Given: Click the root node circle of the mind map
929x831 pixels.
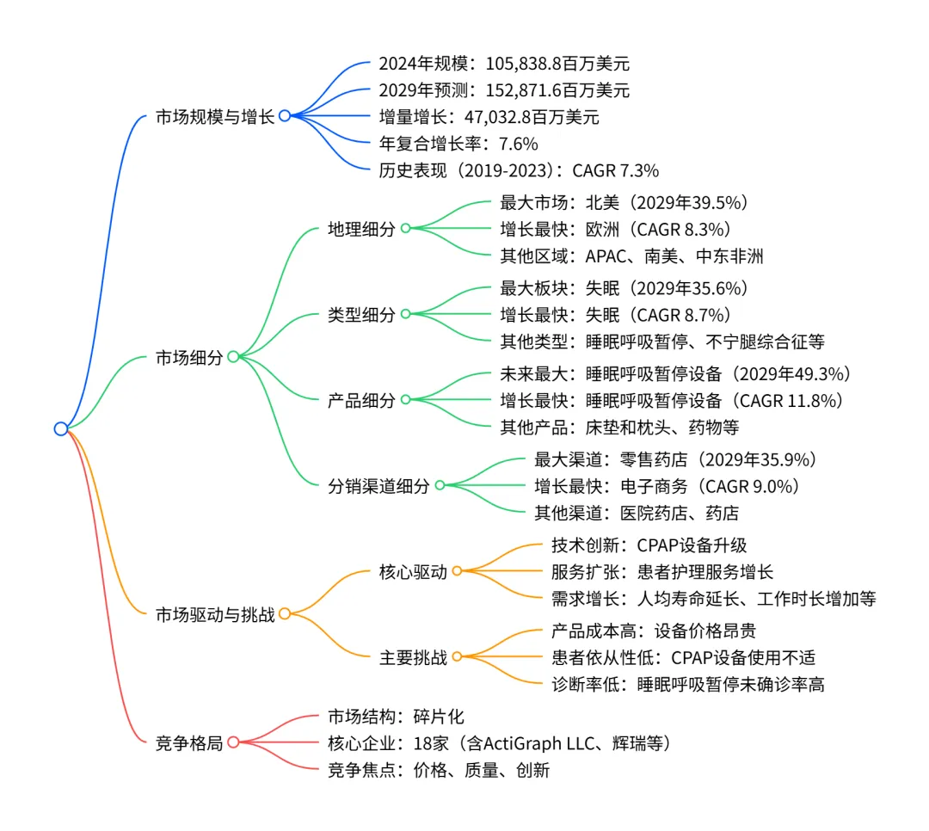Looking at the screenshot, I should pyautogui.click(x=60, y=428).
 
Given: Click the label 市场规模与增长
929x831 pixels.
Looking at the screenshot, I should pyautogui.click(x=215, y=116).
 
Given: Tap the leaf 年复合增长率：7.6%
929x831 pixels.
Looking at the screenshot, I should pyautogui.click(x=458, y=143).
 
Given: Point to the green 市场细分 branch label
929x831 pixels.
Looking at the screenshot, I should pyautogui.click(x=189, y=357).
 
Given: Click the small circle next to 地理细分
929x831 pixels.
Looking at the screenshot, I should pyautogui.click(x=405, y=229).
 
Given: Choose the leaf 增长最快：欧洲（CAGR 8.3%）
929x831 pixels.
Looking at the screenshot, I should pyautogui.click(x=615, y=229).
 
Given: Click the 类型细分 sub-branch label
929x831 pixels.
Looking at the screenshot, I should pyautogui.click(x=361, y=314).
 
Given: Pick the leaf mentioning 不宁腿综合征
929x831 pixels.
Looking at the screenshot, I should pyautogui.click(x=662, y=342).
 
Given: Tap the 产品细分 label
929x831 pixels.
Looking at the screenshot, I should pyautogui.click(x=361, y=400).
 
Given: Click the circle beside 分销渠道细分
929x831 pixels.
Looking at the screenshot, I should pyautogui.click(x=440, y=485).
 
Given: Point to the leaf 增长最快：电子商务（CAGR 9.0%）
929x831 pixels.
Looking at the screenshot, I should pyautogui.click(x=667, y=485).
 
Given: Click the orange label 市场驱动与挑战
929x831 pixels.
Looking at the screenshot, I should pyautogui.click(x=215, y=614).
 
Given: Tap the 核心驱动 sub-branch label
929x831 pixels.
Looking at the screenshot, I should pyautogui.click(x=413, y=571).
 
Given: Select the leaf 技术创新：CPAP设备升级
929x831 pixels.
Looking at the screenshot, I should pyautogui.click(x=649, y=545).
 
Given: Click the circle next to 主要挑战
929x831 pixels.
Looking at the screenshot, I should pyautogui.click(x=457, y=656).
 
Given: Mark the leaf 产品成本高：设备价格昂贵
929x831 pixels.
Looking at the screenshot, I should pyautogui.click(x=653, y=630).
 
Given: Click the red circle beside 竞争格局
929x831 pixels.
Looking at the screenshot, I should pyautogui.click(x=233, y=742).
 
